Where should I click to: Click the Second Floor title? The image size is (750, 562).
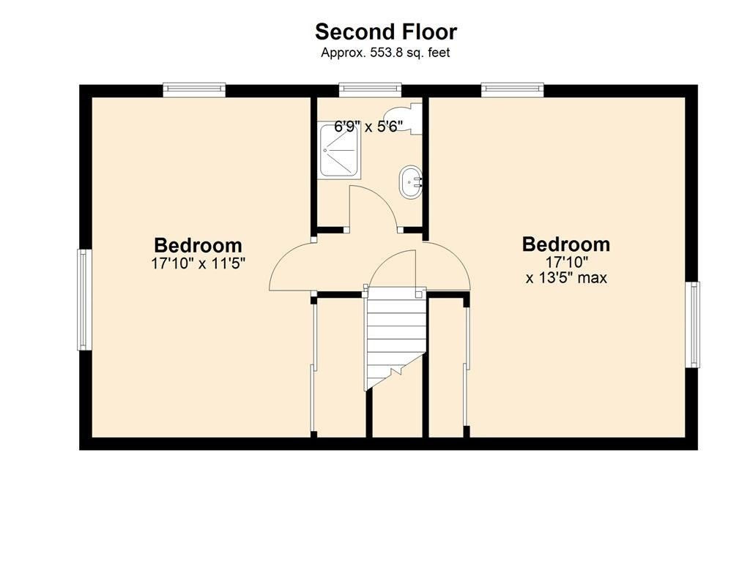(x=386, y=32)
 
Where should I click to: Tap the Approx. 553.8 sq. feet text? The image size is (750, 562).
(x=385, y=53)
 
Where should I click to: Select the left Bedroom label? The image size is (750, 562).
(x=198, y=245)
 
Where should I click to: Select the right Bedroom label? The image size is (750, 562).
(x=566, y=244)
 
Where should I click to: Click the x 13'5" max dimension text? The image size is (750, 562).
(x=566, y=277)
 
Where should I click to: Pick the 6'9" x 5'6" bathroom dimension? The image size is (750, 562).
(x=368, y=127)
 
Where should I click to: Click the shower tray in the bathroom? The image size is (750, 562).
(x=340, y=149)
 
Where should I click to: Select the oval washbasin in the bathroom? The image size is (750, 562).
(x=410, y=182)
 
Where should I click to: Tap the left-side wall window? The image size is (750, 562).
(x=85, y=299)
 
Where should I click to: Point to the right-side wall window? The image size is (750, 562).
(x=692, y=324)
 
